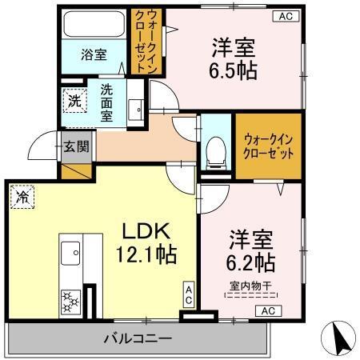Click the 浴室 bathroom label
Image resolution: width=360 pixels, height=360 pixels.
94,54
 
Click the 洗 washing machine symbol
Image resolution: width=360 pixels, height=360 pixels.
74,102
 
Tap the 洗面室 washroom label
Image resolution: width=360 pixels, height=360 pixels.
106,102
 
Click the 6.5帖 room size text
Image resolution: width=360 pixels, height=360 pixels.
234,70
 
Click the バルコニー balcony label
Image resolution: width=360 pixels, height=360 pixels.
137,338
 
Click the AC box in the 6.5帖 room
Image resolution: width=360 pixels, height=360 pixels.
285,15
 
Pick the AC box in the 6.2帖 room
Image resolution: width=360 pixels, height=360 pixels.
267,310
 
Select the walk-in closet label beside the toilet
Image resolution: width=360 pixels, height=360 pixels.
267,146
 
